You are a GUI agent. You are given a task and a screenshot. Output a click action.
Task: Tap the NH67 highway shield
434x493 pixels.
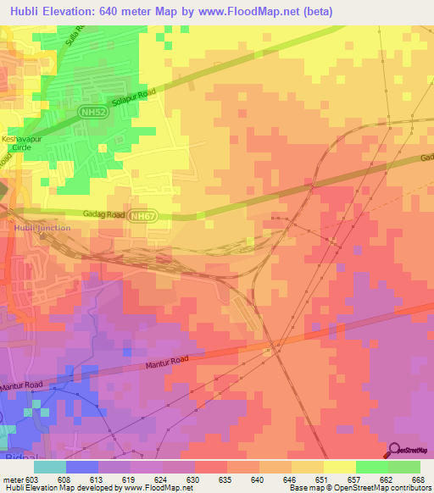pos(142,217)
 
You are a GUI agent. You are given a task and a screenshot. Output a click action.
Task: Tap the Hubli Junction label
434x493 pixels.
pos(41,228)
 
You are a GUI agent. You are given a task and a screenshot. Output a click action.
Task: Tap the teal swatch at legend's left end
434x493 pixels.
pos(49,467)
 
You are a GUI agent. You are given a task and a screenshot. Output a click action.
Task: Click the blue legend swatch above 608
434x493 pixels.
pos(81,467)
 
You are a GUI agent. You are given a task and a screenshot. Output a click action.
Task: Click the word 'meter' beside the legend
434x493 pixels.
pos(13,479)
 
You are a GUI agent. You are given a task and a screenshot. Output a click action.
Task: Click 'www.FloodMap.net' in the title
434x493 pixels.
pos(259,11)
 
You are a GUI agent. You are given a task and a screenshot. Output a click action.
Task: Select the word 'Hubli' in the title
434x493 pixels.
pos(22,11)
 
